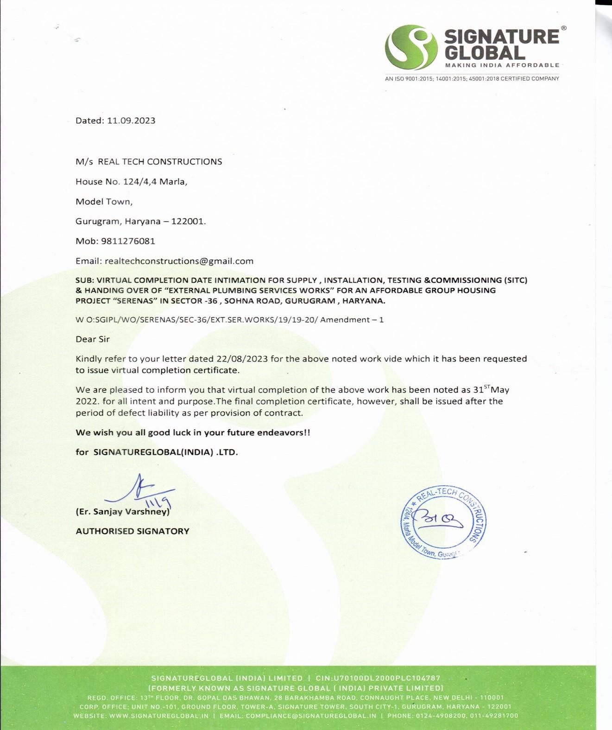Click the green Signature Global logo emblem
411,48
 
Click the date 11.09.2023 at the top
131,121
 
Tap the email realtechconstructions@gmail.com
179,261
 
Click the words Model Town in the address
103,202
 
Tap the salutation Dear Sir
93,339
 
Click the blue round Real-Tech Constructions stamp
443,523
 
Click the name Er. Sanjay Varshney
123,512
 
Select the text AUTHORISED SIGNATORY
132,531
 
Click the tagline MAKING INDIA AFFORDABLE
502,65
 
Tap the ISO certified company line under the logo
472,79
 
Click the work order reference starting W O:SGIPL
229,320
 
